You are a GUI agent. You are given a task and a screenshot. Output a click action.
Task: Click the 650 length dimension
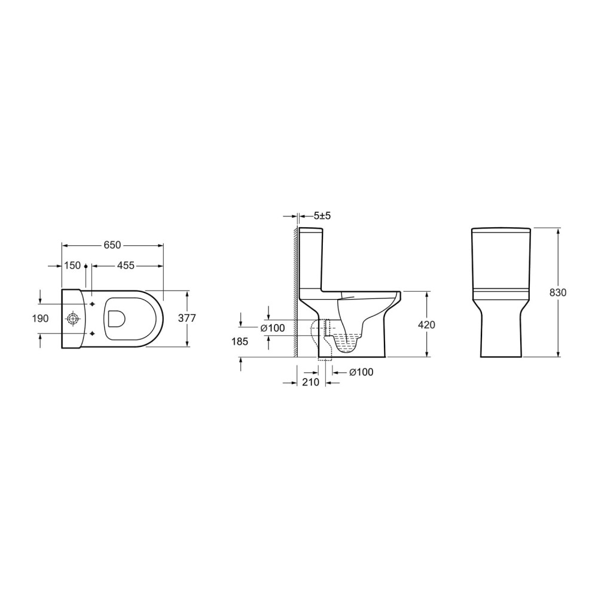112,245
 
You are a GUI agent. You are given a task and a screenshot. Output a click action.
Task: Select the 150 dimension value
72,265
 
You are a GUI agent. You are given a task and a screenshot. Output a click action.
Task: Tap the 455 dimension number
126,265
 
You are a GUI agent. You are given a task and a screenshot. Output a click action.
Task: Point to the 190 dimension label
41,318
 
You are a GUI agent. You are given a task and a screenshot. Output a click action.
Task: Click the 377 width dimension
187,318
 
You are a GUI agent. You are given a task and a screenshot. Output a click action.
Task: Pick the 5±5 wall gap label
322,216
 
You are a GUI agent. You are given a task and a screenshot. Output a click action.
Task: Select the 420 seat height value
426,325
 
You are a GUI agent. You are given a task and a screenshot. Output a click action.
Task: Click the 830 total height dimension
558,292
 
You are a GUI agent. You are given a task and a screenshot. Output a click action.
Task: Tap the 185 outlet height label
240,341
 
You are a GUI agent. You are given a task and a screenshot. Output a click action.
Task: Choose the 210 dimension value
310,382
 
